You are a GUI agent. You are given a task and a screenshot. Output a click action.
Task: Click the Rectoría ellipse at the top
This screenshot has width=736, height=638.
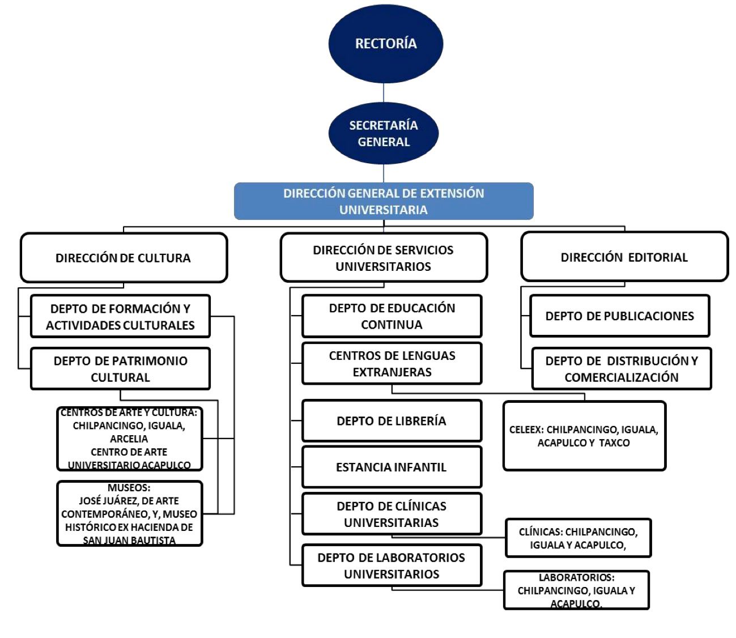click(x=385, y=44)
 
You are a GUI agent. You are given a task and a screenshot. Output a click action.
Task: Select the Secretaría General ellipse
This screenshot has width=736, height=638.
click(x=384, y=134)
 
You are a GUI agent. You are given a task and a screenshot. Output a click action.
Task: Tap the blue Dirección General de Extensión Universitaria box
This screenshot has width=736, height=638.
click(x=384, y=201)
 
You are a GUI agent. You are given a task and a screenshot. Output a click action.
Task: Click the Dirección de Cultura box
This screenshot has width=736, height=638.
click(x=124, y=258)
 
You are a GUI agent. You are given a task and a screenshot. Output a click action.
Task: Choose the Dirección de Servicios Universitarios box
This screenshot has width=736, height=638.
click(x=384, y=258)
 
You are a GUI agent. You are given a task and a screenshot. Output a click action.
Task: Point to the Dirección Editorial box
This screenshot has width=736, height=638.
click(x=624, y=257)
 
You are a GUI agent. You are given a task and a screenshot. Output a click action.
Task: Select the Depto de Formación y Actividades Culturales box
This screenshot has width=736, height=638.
click(x=120, y=317)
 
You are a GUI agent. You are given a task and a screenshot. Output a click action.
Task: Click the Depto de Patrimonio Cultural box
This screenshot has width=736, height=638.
click(x=120, y=369)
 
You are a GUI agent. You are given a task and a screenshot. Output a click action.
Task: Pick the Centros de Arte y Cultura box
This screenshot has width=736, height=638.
click(x=129, y=439)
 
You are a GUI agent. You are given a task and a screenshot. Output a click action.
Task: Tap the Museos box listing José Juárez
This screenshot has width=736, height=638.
click(x=129, y=514)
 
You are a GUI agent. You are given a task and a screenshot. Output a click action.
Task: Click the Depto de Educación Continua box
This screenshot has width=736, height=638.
click(x=392, y=316)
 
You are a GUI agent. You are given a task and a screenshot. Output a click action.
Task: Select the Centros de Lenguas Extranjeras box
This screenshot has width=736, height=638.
click(x=392, y=364)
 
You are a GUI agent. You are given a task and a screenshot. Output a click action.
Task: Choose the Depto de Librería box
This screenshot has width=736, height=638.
click(x=392, y=421)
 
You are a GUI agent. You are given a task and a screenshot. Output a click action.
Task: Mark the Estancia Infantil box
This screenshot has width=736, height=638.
click(x=392, y=467)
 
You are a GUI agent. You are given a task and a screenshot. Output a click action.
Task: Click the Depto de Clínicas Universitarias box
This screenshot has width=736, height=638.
click(x=392, y=514)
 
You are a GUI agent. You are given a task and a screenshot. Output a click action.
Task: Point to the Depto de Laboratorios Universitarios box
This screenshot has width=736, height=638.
click(x=392, y=565)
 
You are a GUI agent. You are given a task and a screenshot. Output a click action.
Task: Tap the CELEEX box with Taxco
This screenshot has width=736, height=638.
click(x=584, y=436)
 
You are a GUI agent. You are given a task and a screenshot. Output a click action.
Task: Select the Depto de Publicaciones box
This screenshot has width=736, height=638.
click(x=619, y=316)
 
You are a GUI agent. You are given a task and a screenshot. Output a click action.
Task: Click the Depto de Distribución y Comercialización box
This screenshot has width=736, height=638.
click(x=621, y=369)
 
